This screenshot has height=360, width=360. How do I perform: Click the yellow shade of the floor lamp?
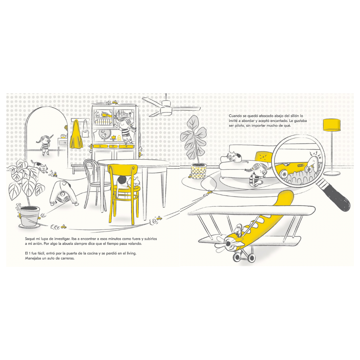pos(332,125)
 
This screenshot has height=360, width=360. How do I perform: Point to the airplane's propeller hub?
pos(228,243)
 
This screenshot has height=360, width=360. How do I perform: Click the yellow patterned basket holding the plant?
pos(199,172)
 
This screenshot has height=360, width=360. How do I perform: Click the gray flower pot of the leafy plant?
pos(30,216)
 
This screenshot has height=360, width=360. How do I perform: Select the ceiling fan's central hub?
pos(166,110)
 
